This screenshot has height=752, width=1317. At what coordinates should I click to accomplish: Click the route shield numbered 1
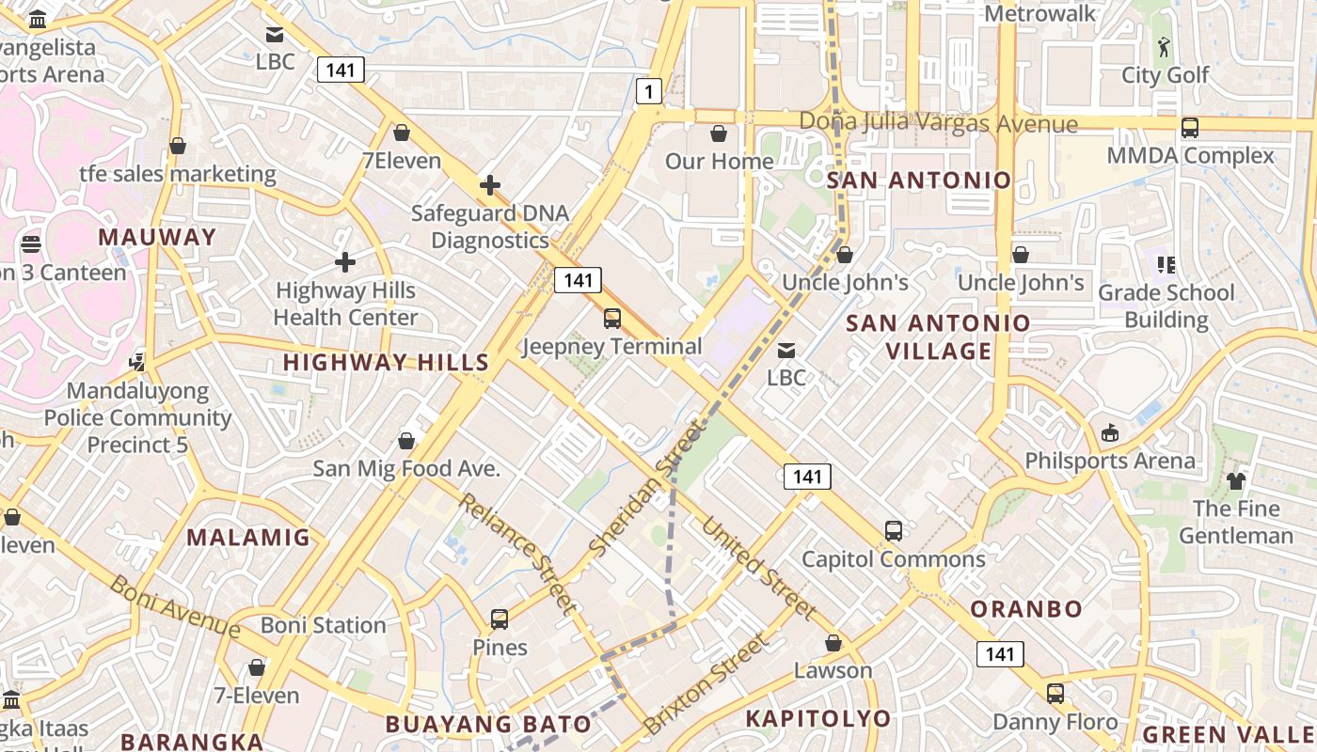point(648,91)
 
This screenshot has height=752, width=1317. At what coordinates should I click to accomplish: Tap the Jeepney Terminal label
point(612,346)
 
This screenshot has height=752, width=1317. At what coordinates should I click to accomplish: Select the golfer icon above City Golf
point(1165,46)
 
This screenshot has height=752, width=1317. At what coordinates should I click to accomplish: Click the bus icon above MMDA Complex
point(1190,128)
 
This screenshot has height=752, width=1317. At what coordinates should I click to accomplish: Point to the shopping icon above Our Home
point(719,133)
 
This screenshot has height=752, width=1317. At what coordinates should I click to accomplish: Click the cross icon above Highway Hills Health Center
point(345,262)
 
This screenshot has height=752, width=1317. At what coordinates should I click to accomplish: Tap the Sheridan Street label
point(646,487)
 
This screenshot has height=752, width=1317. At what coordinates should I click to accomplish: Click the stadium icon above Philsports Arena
point(1110,433)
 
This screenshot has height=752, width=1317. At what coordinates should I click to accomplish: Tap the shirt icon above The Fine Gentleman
point(1236,481)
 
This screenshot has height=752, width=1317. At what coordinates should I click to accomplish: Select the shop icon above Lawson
point(833,644)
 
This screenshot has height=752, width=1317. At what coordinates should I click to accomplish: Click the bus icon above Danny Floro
point(1055,695)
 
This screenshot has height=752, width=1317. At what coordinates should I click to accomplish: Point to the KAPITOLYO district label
point(817,719)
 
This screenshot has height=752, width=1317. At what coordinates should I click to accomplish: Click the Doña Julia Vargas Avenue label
point(938,123)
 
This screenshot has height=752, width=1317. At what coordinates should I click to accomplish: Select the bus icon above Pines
point(500,620)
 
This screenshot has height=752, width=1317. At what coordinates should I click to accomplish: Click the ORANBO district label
point(1026,608)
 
